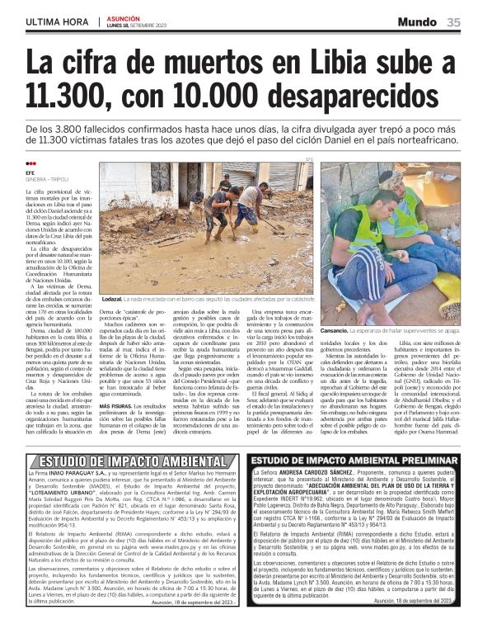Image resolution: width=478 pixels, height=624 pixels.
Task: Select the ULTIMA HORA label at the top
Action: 54,22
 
